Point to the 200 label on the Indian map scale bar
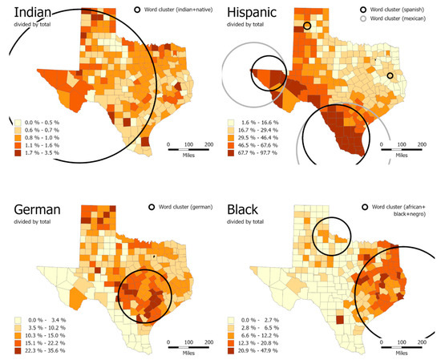[x=208, y=144]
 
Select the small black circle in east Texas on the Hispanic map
[x=390, y=76]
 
